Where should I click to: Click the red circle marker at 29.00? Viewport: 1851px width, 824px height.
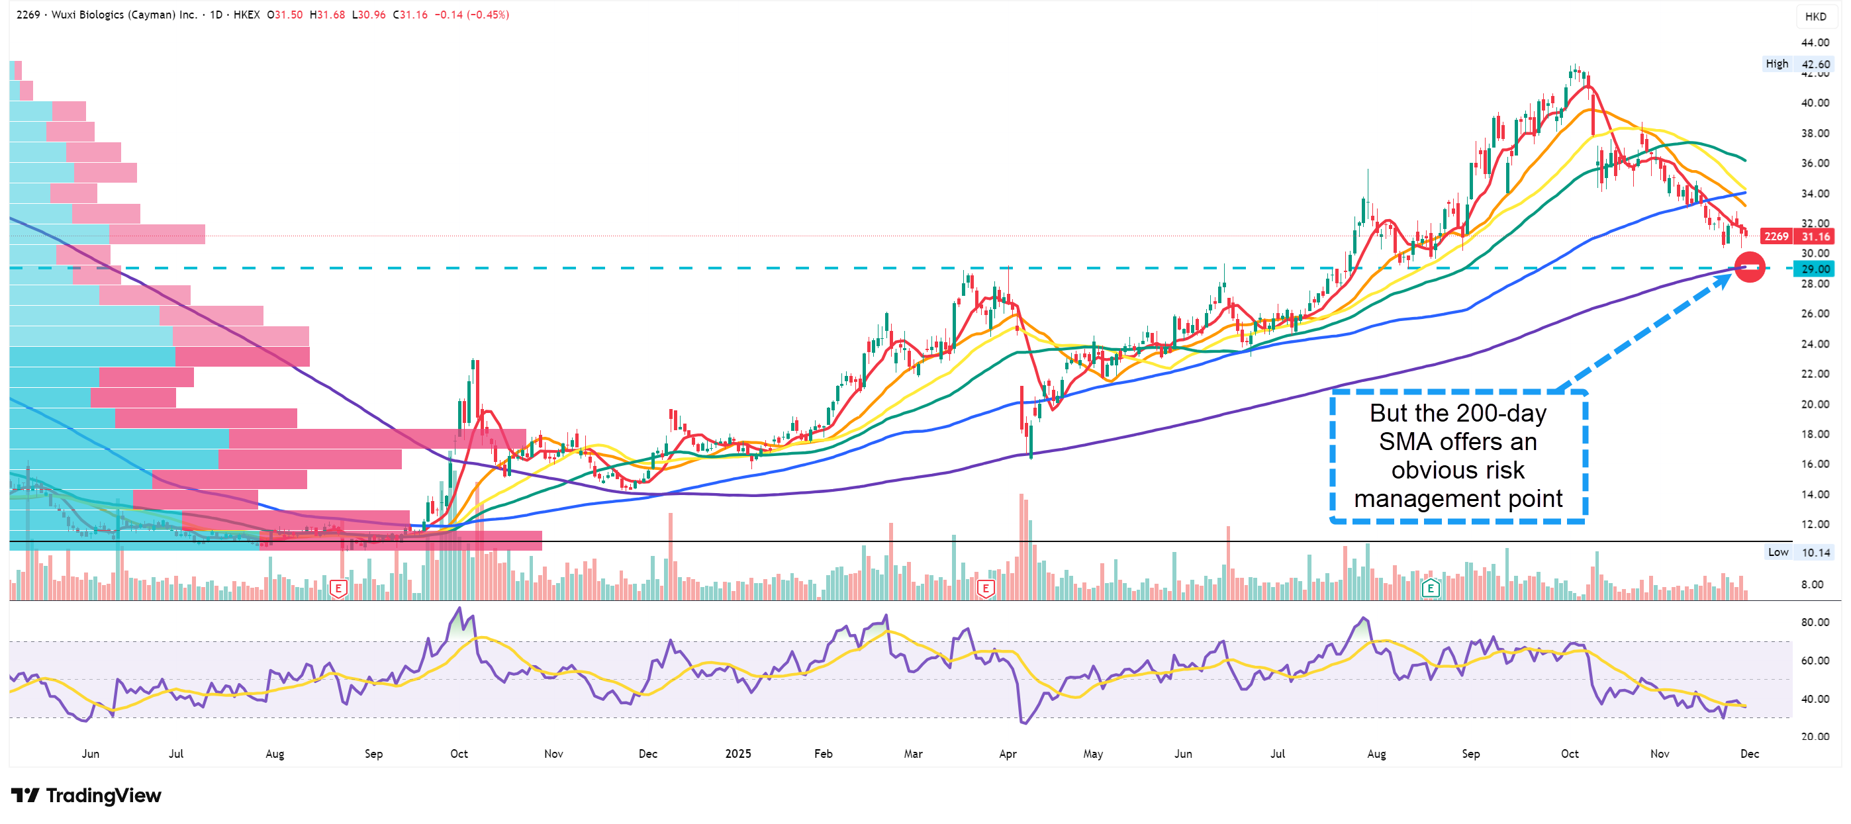coord(1749,267)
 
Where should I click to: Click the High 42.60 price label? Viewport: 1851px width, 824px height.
coord(1798,64)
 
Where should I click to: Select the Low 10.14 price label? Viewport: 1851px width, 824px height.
coord(1799,552)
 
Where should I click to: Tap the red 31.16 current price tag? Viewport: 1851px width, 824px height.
coord(1815,236)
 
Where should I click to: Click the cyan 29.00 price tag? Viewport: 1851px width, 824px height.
coord(1815,269)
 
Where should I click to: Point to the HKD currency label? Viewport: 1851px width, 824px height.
coord(1815,17)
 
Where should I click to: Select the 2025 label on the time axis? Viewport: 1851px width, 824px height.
coord(738,754)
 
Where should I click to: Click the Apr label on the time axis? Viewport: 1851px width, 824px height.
coord(1008,754)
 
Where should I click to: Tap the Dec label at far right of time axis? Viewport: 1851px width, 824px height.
coord(1750,754)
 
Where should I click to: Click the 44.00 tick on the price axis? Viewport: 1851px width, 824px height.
coord(1815,42)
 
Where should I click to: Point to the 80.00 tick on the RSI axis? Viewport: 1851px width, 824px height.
coord(1815,622)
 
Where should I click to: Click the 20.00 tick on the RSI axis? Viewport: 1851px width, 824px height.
coord(1815,737)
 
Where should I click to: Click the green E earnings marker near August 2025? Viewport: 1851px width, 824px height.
coord(1431,589)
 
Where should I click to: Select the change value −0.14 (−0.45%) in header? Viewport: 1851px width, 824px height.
coord(472,15)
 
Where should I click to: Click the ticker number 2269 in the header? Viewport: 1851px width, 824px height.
coord(28,15)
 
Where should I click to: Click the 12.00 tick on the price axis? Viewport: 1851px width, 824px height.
coord(1815,524)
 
